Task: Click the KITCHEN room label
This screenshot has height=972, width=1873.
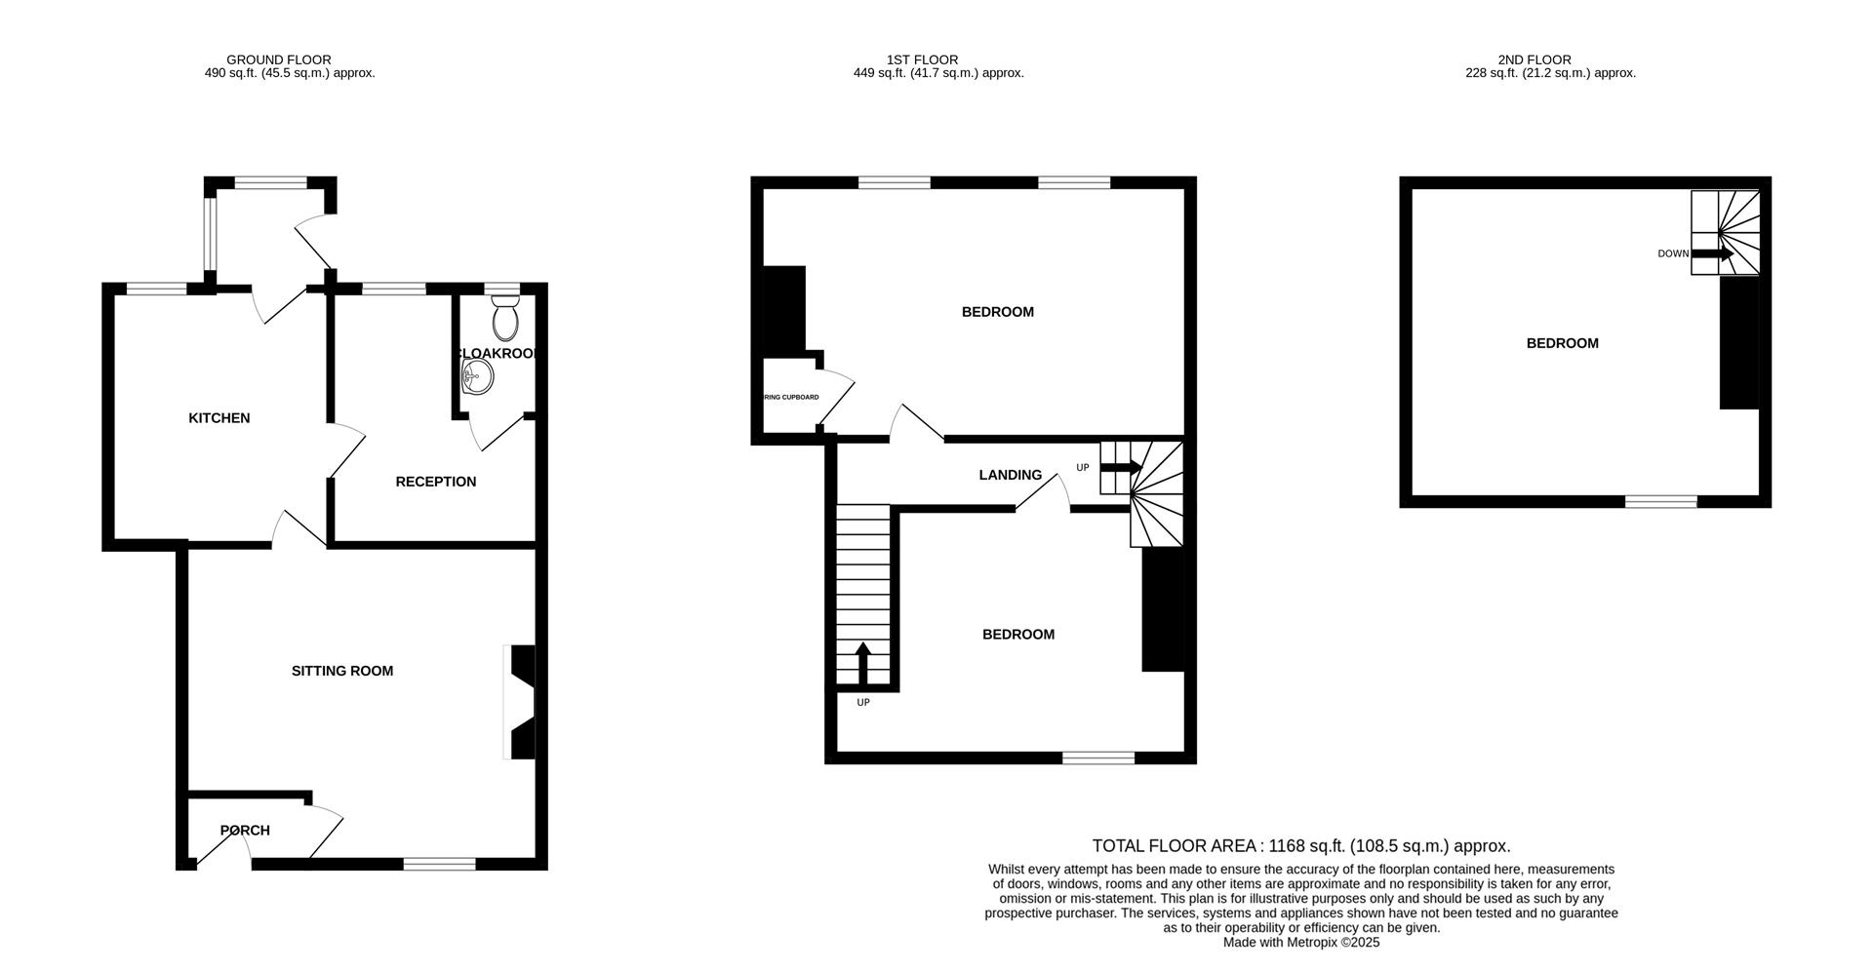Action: [x=219, y=418]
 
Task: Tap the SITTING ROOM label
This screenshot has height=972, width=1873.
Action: [x=342, y=671]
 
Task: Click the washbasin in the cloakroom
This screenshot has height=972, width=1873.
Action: [x=478, y=375]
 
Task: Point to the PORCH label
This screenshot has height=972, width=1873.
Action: [x=245, y=831]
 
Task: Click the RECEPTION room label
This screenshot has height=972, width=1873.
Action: [x=435, y=482]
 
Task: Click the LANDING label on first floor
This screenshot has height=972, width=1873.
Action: [x=1010, y=475]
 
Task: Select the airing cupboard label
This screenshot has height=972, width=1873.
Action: [x=790, y=398]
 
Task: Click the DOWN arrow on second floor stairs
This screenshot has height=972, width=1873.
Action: [x=1712, y=253]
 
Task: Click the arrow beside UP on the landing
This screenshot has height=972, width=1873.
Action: [x=1120, y=468]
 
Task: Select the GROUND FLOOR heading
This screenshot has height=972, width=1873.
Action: [x=278, y=59]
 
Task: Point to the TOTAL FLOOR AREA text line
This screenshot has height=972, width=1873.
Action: [x=1300, y=846]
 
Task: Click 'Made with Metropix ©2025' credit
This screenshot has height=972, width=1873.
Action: [x=1300, y=943]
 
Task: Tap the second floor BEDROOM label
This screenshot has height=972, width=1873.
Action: [x=1562, y=343]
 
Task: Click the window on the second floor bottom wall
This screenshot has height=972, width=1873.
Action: [x=1660, y=501]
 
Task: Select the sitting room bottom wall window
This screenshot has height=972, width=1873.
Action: [x=439, y=864]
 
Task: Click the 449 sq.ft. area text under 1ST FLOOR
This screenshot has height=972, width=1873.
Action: [x=937, y=73]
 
